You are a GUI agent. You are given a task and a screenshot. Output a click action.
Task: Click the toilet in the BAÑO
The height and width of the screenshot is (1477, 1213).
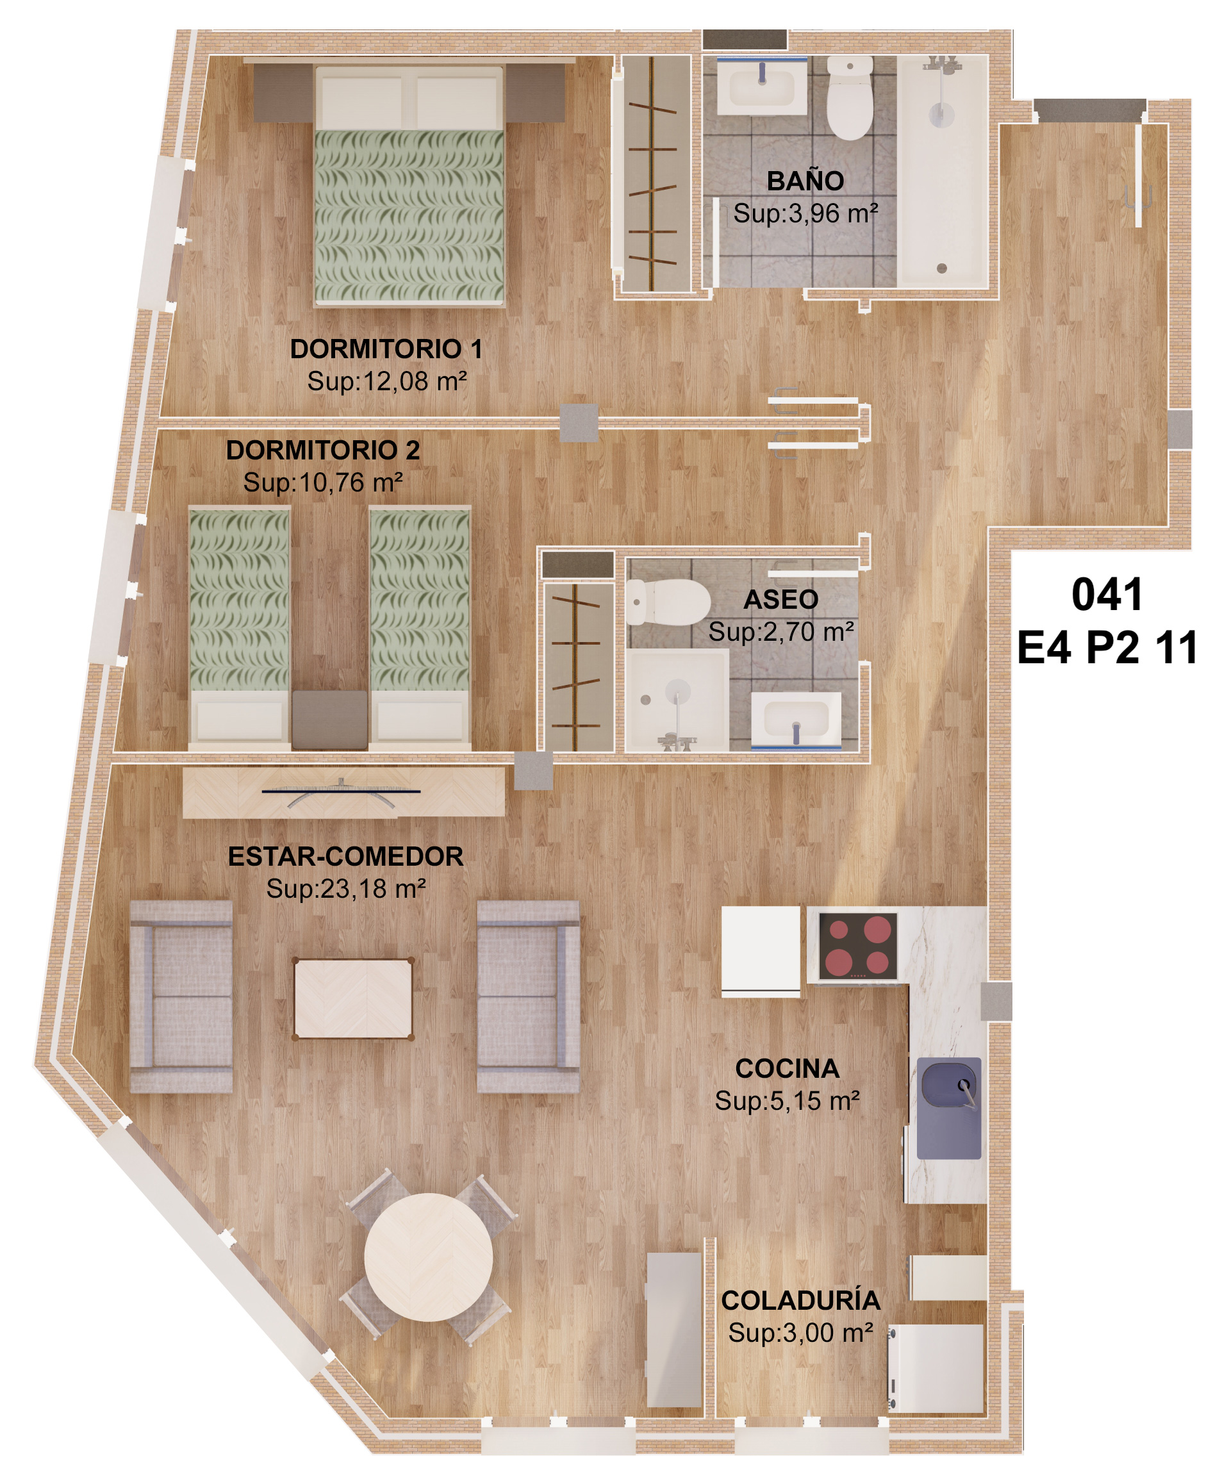pyautogui.click(x=850, y=98)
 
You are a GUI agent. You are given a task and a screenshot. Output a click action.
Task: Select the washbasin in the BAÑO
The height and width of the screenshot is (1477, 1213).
pyautogui.click(x=762, y=87)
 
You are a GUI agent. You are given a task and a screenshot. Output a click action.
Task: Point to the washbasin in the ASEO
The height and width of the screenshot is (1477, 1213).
pyautogui.click(x=796, y=720)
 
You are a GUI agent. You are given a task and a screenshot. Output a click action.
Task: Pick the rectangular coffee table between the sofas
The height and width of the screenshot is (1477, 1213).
pyautogui.click(x=353, y=999)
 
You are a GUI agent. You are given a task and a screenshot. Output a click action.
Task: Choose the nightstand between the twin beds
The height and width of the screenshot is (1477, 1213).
pyautogui.click(x=330, y=720)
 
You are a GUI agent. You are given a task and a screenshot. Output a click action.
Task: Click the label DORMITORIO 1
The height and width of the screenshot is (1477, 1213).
pyautogui.click(x=386, y=349)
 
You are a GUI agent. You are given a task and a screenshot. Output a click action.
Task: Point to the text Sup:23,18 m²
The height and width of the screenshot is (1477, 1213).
pyautogui.click(x=346, y=889)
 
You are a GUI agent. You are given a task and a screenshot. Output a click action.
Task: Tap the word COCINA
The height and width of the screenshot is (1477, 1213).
pyautogui.click(x=787, y=1069)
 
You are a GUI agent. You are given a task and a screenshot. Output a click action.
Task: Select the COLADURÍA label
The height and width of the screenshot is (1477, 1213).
pyautogui.click(x=801, y=1301)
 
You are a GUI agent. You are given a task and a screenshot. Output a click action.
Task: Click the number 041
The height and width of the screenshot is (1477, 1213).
pyautogui.click(x=1107, y=595)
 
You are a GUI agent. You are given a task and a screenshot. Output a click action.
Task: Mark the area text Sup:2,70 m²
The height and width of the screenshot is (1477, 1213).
pyautogui.click(x=781, y=632)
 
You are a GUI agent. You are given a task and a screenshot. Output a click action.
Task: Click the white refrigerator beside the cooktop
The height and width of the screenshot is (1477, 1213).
pyautogui.click(x=761, y=951)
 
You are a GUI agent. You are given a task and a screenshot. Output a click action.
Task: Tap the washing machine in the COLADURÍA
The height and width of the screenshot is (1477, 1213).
pyautogui.click(x=936, y=1368)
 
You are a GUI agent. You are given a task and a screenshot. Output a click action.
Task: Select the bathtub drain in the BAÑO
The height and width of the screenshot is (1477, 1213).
pyautogui.click(x=942, y=268)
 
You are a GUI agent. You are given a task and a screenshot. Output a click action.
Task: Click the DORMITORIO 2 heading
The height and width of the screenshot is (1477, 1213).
pyautogui.click(x=323, y=450)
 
